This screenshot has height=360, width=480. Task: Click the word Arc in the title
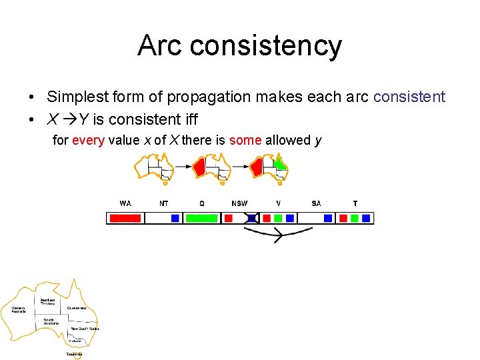coord(160,45)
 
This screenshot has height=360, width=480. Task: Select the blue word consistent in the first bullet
coord(409,97)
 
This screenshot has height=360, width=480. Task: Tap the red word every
coord(88,140)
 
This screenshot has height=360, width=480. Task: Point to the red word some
coord(245,140)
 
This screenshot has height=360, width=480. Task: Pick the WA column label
coord(125,203)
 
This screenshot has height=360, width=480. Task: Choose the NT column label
coord(164,203)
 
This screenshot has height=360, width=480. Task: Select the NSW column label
coord(239,203)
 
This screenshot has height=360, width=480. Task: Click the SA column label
coord(316,203)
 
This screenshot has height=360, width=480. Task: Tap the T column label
coord(355,203)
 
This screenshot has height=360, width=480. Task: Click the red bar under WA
coord(125,218)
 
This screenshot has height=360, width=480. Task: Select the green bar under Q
coord(201,218)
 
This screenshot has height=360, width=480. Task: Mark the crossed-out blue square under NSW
coord(252,218)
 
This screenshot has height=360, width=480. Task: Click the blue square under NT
coord(175,218)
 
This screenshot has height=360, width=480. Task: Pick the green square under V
coord(278,218)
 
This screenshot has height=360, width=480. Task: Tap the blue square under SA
coord(328,218)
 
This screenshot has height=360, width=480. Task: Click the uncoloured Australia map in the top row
coord(153,168)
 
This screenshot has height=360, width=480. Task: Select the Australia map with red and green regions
coord(270,168)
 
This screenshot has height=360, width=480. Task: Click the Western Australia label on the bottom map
coord(18,310)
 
